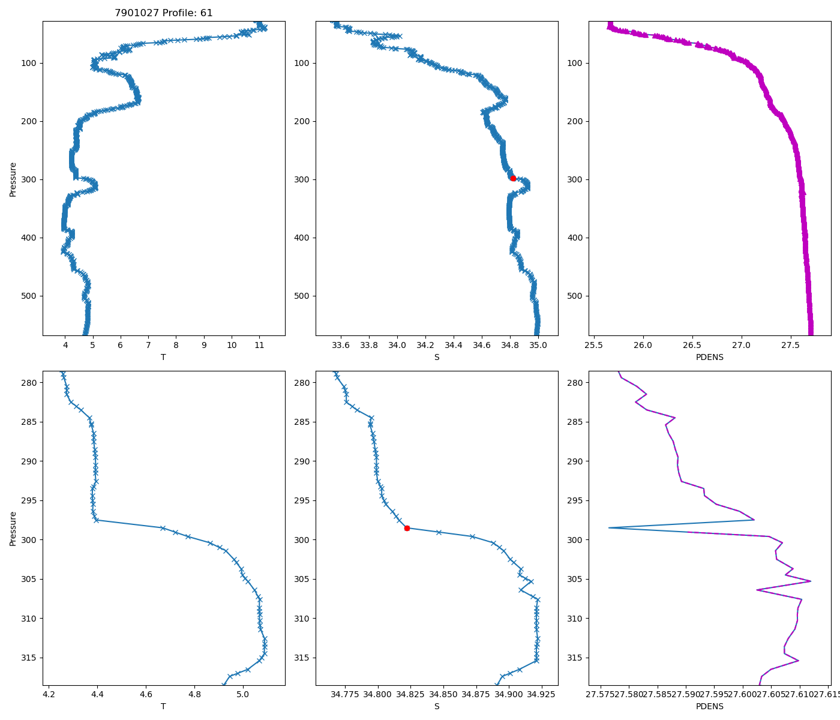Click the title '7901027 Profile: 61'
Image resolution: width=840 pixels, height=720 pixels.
coord(164,13)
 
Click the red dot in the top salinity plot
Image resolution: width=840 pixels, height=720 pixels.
coord(513,178)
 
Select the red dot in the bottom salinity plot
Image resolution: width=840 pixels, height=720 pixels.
coord(407,528)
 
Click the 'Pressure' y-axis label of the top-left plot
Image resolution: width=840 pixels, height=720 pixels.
coord(13,179)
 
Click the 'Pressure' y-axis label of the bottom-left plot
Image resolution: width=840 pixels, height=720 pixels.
coord(13,528)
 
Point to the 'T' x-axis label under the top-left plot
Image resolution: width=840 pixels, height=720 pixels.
coord(163,357)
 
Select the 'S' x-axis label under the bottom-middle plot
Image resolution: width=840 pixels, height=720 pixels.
coord(437,706)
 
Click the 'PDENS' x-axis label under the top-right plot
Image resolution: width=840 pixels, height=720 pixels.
coord(709,357)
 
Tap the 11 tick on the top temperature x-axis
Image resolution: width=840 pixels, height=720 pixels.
coord(259,346)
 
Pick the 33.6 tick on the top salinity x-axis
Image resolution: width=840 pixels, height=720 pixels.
coord(341,346)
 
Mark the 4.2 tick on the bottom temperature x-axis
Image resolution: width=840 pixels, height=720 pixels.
coord(49,695)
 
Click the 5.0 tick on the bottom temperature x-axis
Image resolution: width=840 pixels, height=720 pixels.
coord(242,695)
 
